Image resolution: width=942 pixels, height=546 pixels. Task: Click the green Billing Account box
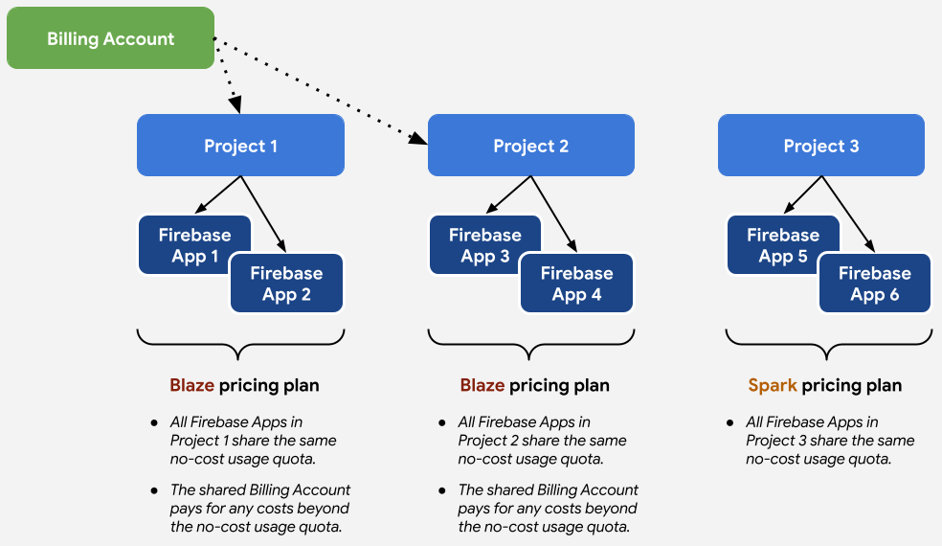click(110, 38)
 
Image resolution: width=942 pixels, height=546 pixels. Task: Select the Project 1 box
click(240, 146)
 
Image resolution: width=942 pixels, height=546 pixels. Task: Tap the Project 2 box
click(530, 146)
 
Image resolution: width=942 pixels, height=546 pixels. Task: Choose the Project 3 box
click(820, 146)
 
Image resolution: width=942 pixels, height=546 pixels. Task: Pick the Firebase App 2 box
click(286, 284)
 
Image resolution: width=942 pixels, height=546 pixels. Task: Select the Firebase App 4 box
click(576, 284)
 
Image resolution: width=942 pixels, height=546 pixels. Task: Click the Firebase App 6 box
click(875, 284)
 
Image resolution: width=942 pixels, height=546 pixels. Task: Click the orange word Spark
click(773, 386)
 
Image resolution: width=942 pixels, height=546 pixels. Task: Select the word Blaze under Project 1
click(192, 386)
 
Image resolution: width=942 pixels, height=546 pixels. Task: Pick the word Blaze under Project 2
click(482, 386)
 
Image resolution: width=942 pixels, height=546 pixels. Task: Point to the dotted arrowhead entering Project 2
click(418, 139)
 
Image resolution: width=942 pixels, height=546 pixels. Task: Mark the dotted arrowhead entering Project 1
click(234, 105)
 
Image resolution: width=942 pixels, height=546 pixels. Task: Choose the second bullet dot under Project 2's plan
click(442, 490)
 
